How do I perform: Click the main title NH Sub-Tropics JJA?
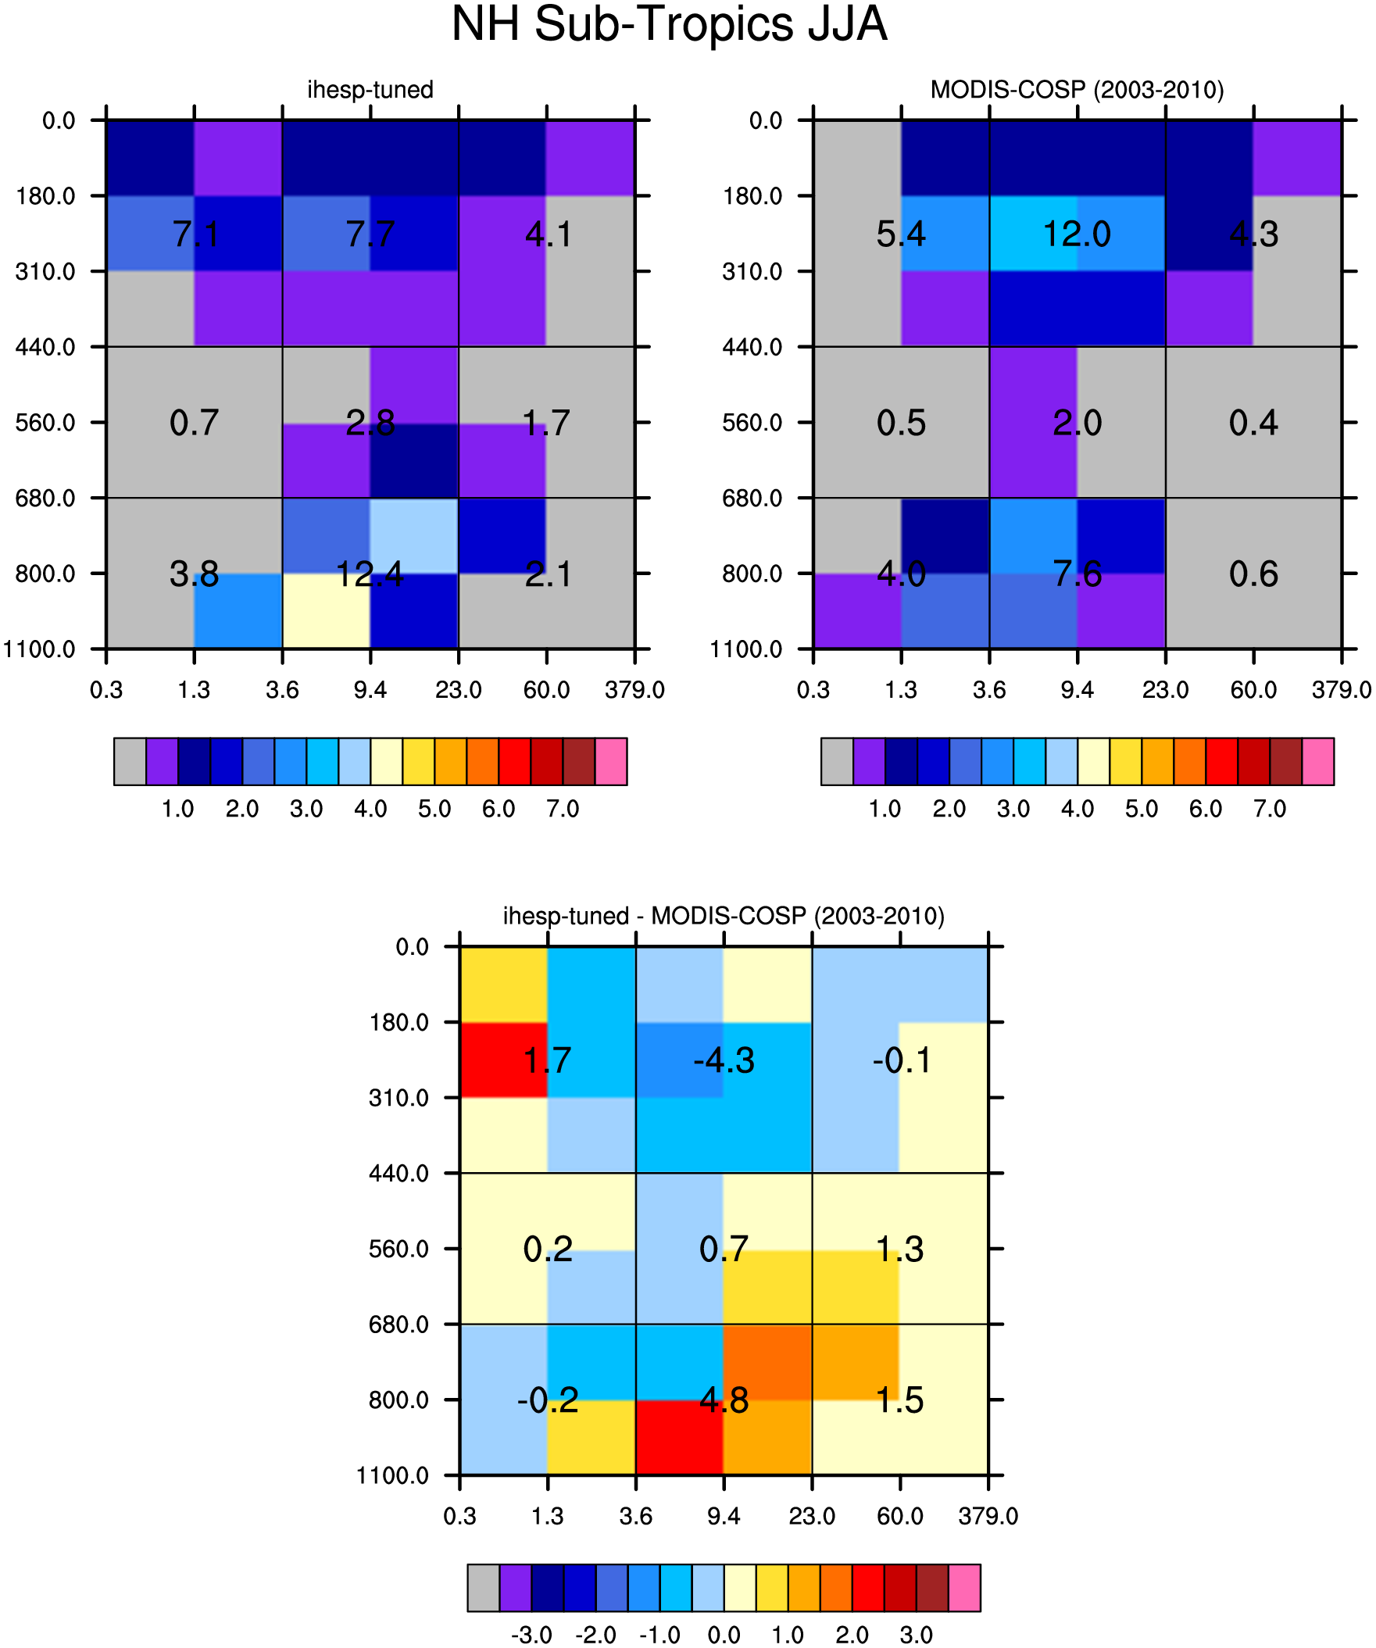pos(670,25)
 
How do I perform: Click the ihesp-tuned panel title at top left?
pos(370,90)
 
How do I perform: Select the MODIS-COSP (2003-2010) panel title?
pos(1077,90)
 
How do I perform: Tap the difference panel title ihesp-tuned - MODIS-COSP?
pos(723,916)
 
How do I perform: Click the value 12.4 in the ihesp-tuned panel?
pos(370,574)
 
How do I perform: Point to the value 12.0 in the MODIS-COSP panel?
pos(1077,234)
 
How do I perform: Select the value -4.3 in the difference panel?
pos(724,1060)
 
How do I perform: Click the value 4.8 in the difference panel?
pos(724,1400)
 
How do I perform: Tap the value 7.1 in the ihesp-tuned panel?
pos(195,234)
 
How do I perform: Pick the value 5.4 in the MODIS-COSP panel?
pos(901,234)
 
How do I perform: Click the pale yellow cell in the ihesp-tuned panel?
pos(326,610)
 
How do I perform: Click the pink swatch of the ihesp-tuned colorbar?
pos(611,761)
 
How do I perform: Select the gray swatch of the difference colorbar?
pos(484,1588)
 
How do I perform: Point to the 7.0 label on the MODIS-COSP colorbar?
pos(1270,809)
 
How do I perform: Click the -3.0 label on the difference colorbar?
pos(531,1635)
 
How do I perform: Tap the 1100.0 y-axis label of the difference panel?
pos(392,1475)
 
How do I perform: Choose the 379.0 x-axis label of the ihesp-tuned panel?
pos(635,691)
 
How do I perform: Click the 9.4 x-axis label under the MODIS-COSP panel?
pos(1077,691)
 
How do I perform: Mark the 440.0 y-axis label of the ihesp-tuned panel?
pos(45,347)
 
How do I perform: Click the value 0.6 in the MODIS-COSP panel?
pos(1253,574)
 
